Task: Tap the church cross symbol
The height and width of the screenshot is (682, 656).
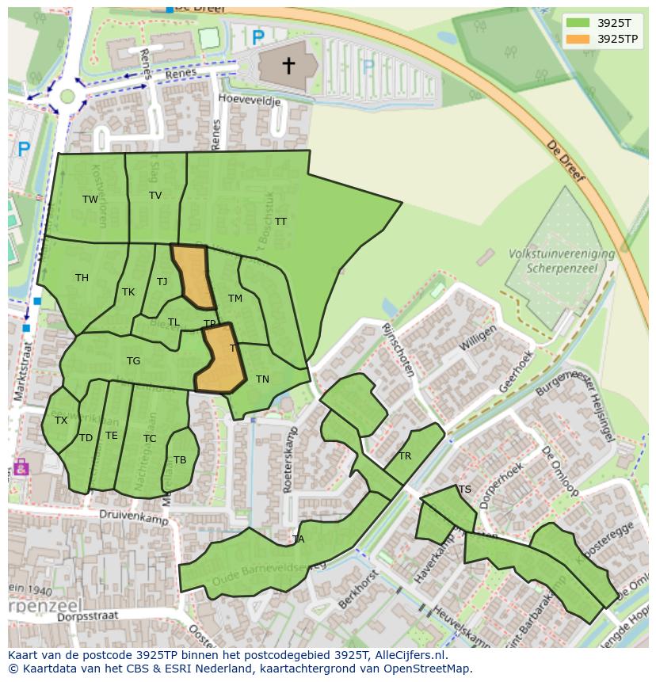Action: [288, 65]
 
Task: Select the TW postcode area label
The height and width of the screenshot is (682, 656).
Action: [90, 200]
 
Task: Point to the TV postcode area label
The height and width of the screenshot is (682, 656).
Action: [155, 196]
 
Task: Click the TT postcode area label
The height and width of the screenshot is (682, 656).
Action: [280, 222]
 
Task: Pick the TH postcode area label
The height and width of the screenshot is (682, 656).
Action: [82, 278]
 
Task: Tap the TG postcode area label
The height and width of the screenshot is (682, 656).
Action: [133, 361]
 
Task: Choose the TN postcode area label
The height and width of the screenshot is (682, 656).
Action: [262, 379]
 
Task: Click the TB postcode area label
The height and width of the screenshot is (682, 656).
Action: [180, 460]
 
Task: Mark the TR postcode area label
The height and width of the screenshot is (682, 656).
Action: [405, 456]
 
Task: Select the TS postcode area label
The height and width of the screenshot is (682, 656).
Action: [465, 490]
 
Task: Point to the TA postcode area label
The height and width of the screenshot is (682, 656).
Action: [298, 539]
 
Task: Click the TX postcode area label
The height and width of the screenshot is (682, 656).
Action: [61, 421]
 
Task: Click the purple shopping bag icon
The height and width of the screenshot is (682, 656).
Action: [21, 467]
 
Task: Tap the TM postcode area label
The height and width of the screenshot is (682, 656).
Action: [235, 299]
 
